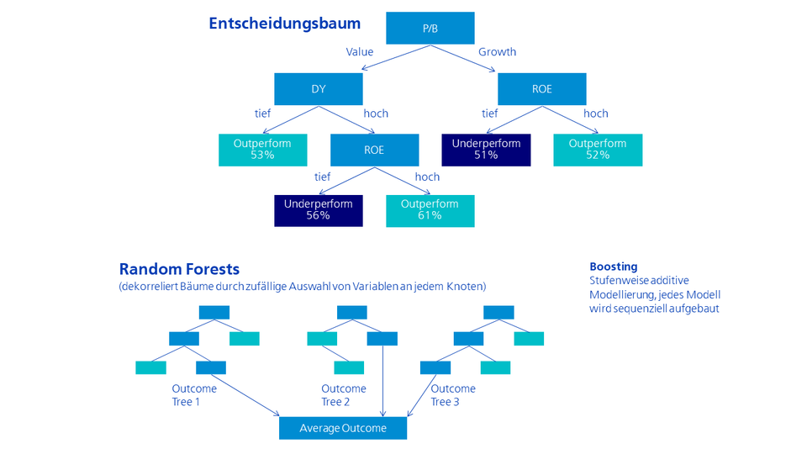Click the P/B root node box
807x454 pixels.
tap(430, 29)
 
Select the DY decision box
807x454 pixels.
tap(318, 89)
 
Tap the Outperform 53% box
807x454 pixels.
tap(262, 150)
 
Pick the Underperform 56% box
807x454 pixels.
tap(318, 210)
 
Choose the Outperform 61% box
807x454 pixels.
tap(430, 210)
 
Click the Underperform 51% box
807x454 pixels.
tap(486, 150)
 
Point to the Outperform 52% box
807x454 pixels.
tap(598, 150)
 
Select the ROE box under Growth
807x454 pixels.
tap(541, 89)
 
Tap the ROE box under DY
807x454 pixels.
tap(374, 150)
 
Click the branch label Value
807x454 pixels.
tap(360, 52)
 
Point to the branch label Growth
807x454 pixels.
tap(497, 52)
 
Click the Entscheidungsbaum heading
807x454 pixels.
tap(284, 24)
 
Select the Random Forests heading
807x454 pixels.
tap(179, 269)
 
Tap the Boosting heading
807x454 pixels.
tap(613, 267)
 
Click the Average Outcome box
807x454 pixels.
tap(343, 428)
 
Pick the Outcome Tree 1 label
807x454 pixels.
tap(194, 395)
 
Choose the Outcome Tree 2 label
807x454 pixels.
tap(344, 395)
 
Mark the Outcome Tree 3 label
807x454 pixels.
tap(453, 395)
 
